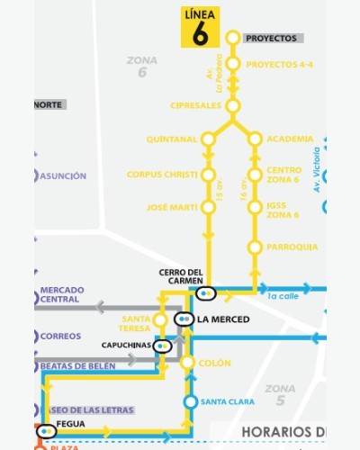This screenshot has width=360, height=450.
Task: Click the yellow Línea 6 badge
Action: (x=200, y=27)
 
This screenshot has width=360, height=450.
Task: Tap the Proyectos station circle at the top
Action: (x=232, y=38)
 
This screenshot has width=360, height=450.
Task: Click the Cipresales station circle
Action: (x=232, y=106)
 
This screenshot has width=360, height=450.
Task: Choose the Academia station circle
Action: (x=255, y=139)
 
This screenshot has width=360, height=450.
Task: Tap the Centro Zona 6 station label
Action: (x=284, y=174)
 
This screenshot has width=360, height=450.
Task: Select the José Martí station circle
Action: (x=209, y=208)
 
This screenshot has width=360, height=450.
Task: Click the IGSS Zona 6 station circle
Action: (x=255, y=209)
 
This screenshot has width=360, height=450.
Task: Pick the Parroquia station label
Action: (x=292, y=247)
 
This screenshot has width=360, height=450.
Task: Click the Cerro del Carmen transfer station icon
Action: (x=206, y=292)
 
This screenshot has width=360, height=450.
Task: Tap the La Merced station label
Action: (x=223, y=319)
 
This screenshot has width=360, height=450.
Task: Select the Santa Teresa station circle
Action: (x=161, y=319)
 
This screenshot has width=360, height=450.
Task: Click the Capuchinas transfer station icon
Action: (x=162, y=345)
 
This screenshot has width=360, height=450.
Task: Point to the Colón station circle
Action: (x=188, y=363)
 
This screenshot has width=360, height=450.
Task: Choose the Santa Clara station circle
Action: (x=190, y=401)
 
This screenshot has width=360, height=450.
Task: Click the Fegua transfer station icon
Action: (x=45, y=431)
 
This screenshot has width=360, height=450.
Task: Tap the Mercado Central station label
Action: (x=62, y=294)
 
